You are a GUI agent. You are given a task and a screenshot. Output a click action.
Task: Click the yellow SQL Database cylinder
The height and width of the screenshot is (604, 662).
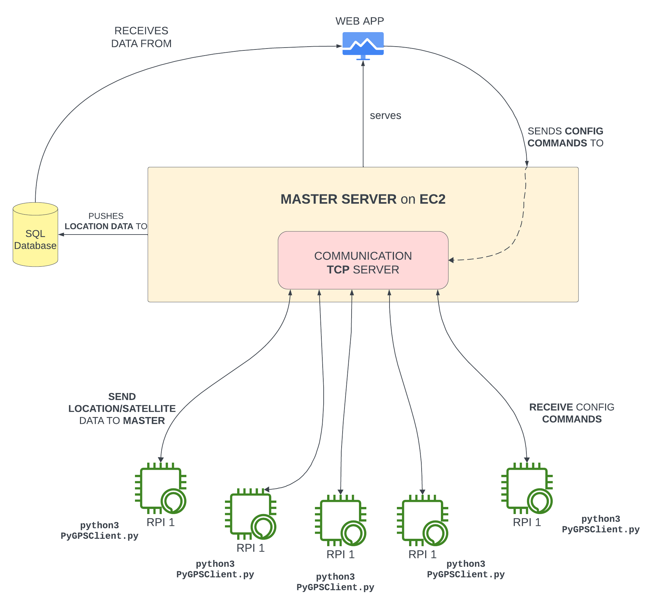[35, 235]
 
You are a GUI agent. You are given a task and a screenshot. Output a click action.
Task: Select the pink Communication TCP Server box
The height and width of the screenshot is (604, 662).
[363, 260]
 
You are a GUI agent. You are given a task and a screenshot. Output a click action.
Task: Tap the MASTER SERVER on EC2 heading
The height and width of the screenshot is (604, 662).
[363, 199]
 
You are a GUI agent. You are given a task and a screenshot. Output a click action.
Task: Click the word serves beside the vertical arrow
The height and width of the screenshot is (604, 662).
[385, 116]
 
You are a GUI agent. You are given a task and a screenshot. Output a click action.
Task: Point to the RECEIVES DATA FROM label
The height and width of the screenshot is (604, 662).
[141, 37]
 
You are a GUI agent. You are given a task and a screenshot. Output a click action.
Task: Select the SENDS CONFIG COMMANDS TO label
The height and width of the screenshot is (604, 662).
[565, 137]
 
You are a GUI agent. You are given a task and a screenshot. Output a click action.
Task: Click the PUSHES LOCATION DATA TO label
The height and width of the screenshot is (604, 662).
[106, 221]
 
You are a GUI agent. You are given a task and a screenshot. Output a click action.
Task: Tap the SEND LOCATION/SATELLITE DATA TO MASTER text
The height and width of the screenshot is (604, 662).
[122, 409]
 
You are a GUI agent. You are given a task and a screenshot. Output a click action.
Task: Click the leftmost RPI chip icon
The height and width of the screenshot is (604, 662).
[161, 488]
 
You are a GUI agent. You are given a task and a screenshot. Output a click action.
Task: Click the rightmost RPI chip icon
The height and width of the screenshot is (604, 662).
[527, 488]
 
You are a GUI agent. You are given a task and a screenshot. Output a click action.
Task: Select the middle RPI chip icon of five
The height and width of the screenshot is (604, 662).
[341, 520]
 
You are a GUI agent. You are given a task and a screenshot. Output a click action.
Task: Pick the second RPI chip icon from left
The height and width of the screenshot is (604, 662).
[251, 514]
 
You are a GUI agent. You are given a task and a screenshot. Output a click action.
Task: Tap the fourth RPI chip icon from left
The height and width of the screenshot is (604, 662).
[422, 520]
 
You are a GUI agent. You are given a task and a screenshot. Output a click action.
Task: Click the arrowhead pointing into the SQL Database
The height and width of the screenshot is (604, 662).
[61, 235]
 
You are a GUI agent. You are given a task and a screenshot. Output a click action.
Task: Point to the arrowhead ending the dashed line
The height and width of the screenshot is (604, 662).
[451, 260]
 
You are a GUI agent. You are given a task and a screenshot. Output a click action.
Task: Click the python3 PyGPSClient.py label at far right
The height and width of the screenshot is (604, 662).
[601, 524]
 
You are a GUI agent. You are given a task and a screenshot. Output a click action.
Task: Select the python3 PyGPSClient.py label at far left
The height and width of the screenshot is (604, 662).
[100, 530]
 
